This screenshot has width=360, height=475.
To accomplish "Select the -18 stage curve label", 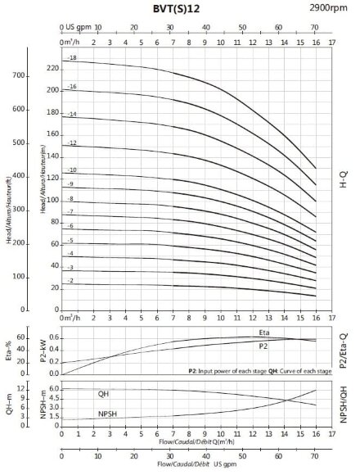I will pos(71,59).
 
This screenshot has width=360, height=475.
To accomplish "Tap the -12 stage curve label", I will pos(71,143).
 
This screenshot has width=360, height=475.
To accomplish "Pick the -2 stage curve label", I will pos(70,280).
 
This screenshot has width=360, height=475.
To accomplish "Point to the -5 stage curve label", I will pos(70,240).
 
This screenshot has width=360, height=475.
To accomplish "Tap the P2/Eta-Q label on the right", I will pos(343,346).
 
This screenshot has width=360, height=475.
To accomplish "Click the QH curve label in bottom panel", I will pos(104,393).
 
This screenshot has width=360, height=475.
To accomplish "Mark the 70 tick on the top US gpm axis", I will pos(314,27).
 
